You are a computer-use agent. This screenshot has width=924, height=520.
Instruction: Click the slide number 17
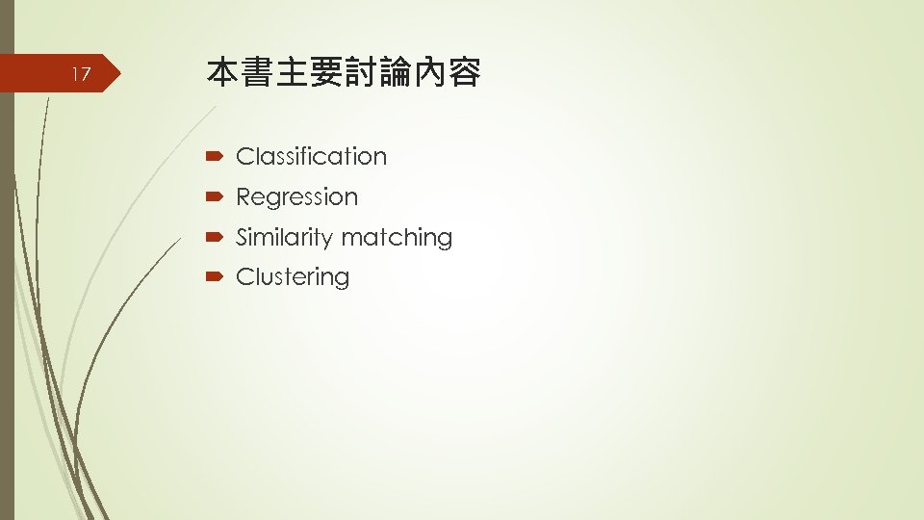coord(82,74)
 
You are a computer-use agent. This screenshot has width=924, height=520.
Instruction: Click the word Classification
coord(311,156)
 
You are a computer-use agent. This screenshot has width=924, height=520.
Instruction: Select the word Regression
coord(296,196)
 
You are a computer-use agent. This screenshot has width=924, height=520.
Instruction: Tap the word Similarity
coord(279,237)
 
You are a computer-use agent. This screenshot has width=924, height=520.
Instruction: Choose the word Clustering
coord(293,277)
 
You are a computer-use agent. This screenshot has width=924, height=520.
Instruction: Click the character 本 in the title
coord(223,73)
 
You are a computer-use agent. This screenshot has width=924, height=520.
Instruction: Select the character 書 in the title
coord(258,73)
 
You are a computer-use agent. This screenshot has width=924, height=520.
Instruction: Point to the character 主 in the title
coord(293,73)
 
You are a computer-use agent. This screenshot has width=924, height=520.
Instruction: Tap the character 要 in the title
coord(327,73)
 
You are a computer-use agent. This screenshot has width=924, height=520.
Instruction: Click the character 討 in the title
coord(361,73)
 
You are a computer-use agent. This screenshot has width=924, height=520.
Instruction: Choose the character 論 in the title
coord(396,73)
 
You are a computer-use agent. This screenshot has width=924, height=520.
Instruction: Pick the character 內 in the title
coord(430,73)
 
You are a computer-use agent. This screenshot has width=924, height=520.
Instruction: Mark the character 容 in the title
coord(465,73)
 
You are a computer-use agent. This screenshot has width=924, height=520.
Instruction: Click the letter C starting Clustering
coord(244,277)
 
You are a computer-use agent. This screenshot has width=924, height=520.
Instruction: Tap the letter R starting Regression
coord(244,196)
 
